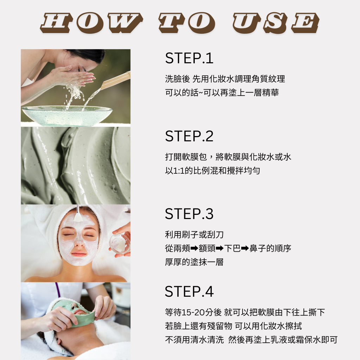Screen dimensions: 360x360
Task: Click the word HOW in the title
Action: pyautogui.click(x=91, y=22)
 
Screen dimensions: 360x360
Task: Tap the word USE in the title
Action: pyautogui.click(x=276, y=23)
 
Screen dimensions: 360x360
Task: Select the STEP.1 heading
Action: pyautogui.click(x=189, y=58)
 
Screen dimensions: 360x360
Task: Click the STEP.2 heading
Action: pyautogui.click(x=189, y=136)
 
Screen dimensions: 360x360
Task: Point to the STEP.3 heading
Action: pyautogui.click(x=189, y=214)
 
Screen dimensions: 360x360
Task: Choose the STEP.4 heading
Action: pyautogui.click(x=189, y=291)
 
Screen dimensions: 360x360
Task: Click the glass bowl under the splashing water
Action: pyautogui.click(x=67, y=115)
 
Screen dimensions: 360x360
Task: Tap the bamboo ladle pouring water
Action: pyautogui.click(x=115, y=81)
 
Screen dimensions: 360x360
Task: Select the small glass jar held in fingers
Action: pyautogui.click(x=120, y=243)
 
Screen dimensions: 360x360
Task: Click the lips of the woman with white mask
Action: pyautogui.click(x=79, y=254)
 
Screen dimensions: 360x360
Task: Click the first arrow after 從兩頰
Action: pyautogui.click(x=194, y=248)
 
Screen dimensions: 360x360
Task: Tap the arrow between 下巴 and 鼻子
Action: pyautogui.click(x=245, y=248)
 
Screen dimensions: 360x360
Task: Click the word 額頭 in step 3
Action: pyautogui.click(x=207, y=248)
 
